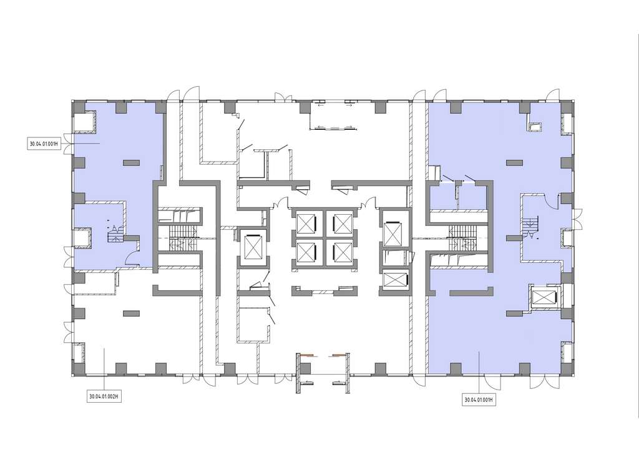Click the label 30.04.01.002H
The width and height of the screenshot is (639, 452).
(105, 396)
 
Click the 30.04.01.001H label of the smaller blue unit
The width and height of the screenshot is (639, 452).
(44, 144)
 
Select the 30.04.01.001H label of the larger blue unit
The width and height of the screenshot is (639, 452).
(479, 400)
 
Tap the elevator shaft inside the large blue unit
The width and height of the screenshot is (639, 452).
(544, 298)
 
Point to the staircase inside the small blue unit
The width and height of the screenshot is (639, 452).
(114, 233)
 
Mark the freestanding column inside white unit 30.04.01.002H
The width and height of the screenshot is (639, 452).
(131, 313)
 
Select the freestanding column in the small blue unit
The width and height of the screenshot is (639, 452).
(132, 162)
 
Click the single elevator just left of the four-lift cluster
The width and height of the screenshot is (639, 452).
(253, 247)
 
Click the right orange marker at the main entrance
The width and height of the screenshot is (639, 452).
(339, 355)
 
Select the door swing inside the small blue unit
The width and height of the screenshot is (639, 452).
(132, 258)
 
